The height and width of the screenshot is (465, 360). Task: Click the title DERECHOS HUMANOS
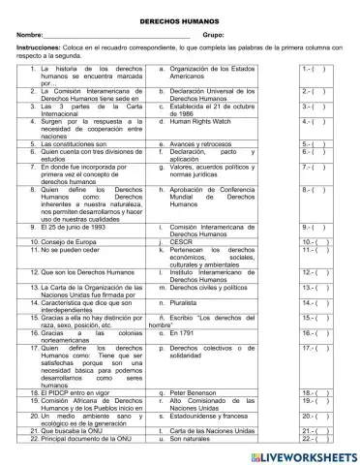pyautogui.click(x=179, y=18)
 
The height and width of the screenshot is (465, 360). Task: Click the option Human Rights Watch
pyautogui.click(x=203, y=122)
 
